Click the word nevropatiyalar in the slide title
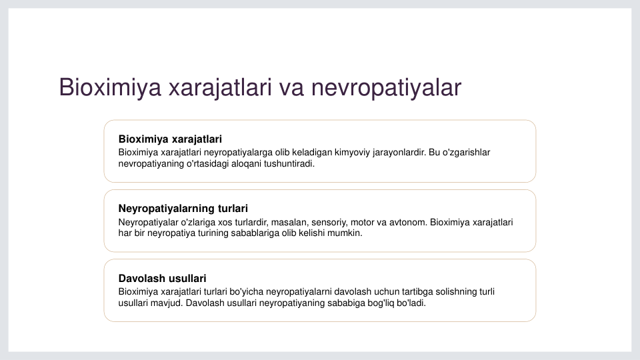[x=386, y=87]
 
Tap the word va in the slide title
[x=291, y=87]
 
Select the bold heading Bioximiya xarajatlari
[x=170, y=139]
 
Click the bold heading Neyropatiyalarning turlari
[x=183, y=209]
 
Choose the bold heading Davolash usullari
[x=162, y=279]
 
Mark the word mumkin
[x=347, y=233]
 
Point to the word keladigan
[x=312, y=153]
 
